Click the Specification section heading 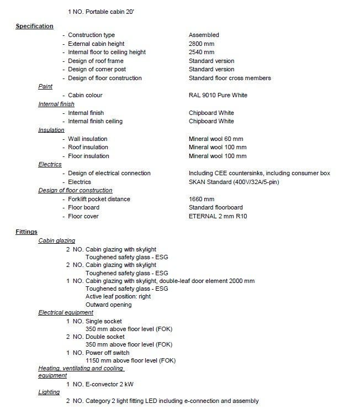(x=34, y=27)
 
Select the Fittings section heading (x=27, y=232)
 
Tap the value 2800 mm (x=202, y=44)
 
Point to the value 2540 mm (x=202, y=52)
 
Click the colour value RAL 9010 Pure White (x=218, y=95)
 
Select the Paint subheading (x=45, y=87)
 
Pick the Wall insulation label (x=87, y=139)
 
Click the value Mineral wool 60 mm (x=216, y=139)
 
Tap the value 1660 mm (x=202, y=199)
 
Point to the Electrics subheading (x=50, y=165)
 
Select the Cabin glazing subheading (x=56, y=240)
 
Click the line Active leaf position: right (x=118, y=296)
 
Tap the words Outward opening (x=108, y=305)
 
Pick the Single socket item (x=104, y=321)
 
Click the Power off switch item (x=107, y=352)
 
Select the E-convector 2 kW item (x=111, y=384)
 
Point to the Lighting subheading (x=49, y=392)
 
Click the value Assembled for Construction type (x=204, y=35)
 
